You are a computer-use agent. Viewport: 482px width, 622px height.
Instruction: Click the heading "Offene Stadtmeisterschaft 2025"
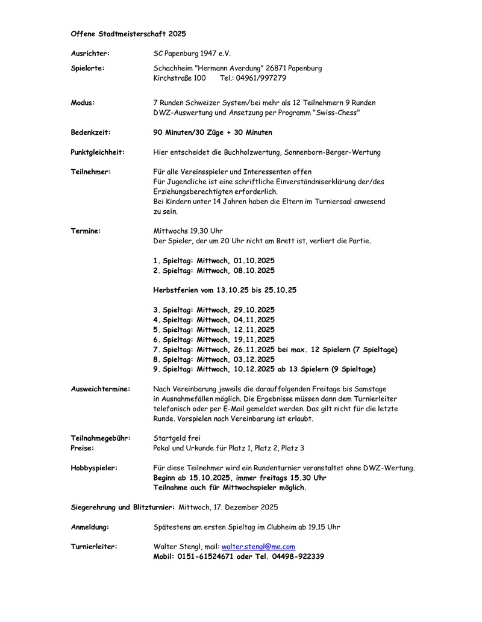(x=128, y=34)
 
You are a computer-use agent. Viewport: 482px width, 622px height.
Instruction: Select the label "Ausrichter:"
(x=90, y=54)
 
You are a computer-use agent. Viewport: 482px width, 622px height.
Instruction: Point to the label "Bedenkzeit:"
(x=90, y=132)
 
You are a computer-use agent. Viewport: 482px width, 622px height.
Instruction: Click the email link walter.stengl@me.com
(x=258, y=547)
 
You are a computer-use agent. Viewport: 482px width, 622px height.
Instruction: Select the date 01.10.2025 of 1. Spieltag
(x=254, y=261)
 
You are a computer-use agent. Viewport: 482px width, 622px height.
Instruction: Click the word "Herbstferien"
(x=178, y=290)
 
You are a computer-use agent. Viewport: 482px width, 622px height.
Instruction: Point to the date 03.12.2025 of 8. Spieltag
(x=254, y=359)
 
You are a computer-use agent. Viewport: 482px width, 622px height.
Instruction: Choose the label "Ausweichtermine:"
(x=101, y=389)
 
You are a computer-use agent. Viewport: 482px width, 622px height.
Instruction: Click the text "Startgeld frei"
(x=177, y=438)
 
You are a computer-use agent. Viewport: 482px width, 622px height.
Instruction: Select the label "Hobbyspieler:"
(x=94, y=467)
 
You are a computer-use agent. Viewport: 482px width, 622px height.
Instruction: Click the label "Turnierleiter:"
(x=94, y=547)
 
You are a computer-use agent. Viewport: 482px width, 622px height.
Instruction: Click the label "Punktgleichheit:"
(x=98, y=152)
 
